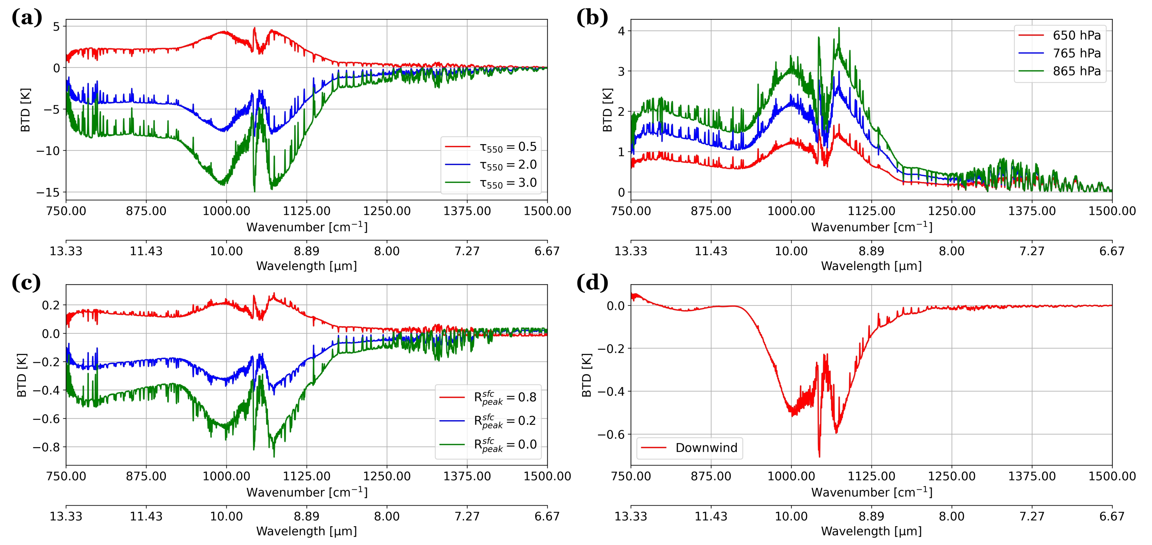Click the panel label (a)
pos(27,18)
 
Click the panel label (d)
pos(592,283)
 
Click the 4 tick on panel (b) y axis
pos(621,31)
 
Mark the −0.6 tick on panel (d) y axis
pos(611,435)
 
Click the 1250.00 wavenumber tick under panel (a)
pos(387,211)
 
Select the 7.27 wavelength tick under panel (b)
pos(1032,251)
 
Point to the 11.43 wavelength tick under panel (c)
pos(146,516)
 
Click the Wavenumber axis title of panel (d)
pos(872,492)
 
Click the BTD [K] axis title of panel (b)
pos(607,110)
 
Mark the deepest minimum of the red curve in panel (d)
pos(819,456)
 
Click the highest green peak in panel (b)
pos(839,28)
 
